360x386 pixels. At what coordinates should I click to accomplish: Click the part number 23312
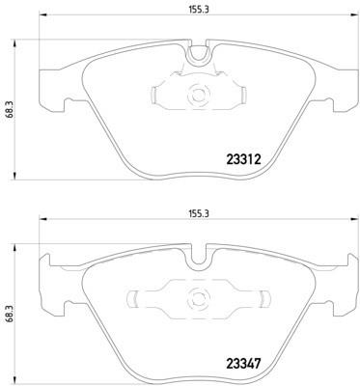point(243,159)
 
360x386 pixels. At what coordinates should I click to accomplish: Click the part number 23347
point(243,364)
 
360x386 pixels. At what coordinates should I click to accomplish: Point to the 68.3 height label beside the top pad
point(10,109)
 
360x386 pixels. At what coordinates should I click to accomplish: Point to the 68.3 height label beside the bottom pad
point(10,313)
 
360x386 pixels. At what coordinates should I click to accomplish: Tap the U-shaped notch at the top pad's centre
point(198,57)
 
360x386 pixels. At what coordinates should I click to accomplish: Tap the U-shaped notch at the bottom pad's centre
point(198,262)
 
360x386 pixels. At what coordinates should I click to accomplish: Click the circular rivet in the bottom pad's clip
point(198,299)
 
